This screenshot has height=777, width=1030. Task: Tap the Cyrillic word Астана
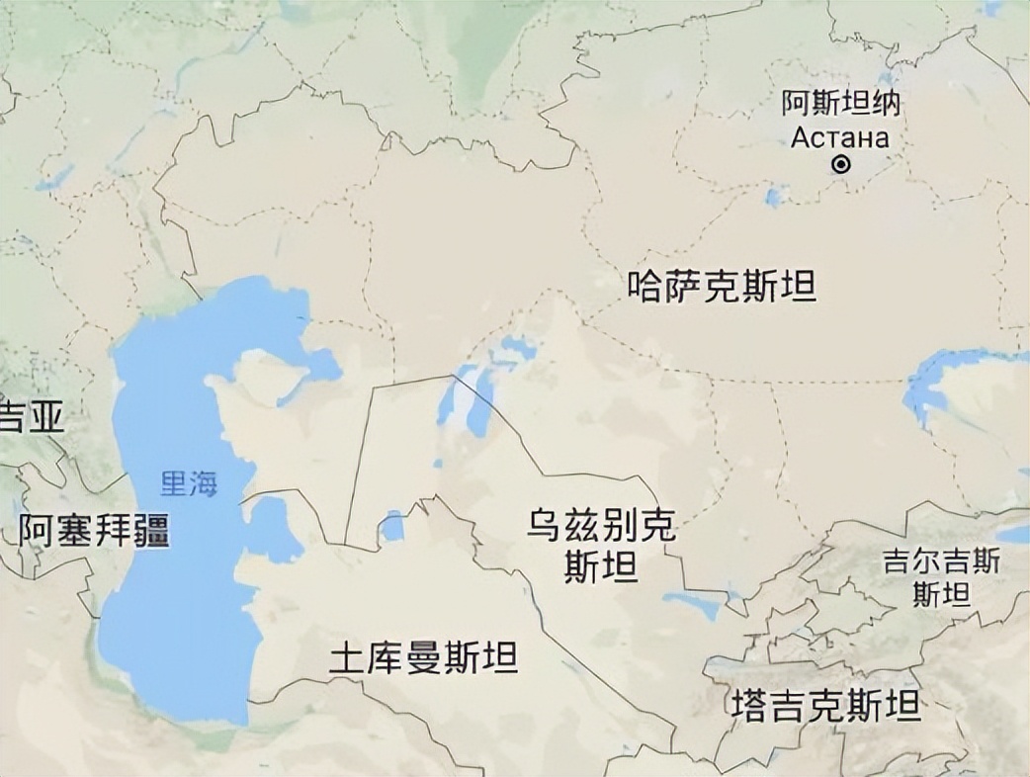point(840,137)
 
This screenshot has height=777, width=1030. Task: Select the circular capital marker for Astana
point(841,166)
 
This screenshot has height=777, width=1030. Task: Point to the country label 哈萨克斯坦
point(723,288)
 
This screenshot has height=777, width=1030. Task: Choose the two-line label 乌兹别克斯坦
point(600,547)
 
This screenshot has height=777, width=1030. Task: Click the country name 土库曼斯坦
point(423,658)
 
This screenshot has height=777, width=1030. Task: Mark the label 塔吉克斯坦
point(826,706)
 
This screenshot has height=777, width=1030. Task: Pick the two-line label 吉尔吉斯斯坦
point(941,578)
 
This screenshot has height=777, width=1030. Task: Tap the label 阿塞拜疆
point(94,531)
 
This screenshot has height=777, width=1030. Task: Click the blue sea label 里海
point(189,483)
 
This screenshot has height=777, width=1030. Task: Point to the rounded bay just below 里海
point(271,529)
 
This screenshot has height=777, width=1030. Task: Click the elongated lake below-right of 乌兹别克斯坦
point(694,603)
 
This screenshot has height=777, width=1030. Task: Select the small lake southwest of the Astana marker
point(774,196)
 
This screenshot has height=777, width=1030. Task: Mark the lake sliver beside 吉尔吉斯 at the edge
point(1014,535)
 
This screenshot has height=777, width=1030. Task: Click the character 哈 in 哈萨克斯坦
point(647,288)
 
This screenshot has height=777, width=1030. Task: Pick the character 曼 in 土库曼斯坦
point(424,658)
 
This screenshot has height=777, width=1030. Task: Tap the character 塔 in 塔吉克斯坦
point(750,706)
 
